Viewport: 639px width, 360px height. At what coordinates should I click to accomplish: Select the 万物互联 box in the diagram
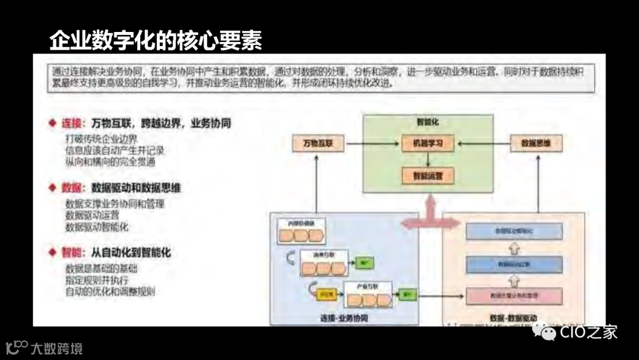(x=318, y=143)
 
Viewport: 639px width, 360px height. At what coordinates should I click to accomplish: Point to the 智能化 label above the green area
(x=427, y=123)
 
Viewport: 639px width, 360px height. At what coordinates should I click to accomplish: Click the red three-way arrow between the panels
(x=430, y=219)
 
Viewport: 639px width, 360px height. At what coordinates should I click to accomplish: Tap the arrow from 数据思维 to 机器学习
(x=482, y=143)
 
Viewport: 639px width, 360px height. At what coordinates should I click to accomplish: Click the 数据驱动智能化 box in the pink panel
(x=514, y=231)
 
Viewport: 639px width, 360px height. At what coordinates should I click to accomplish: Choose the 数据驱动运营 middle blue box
(x=514, y=264)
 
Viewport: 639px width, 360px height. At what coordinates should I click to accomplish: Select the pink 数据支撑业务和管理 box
(x=514, y=294)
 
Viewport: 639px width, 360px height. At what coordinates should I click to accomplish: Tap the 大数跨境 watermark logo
(x=44, y=348)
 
